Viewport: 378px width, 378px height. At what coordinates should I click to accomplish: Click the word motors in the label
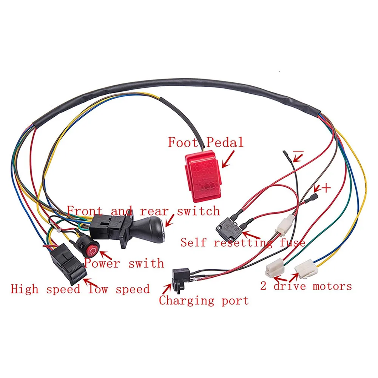click(332, 286)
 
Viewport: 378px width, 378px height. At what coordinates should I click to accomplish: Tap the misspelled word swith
click(146, 263)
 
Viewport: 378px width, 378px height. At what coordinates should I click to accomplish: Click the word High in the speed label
click(25, 289)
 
